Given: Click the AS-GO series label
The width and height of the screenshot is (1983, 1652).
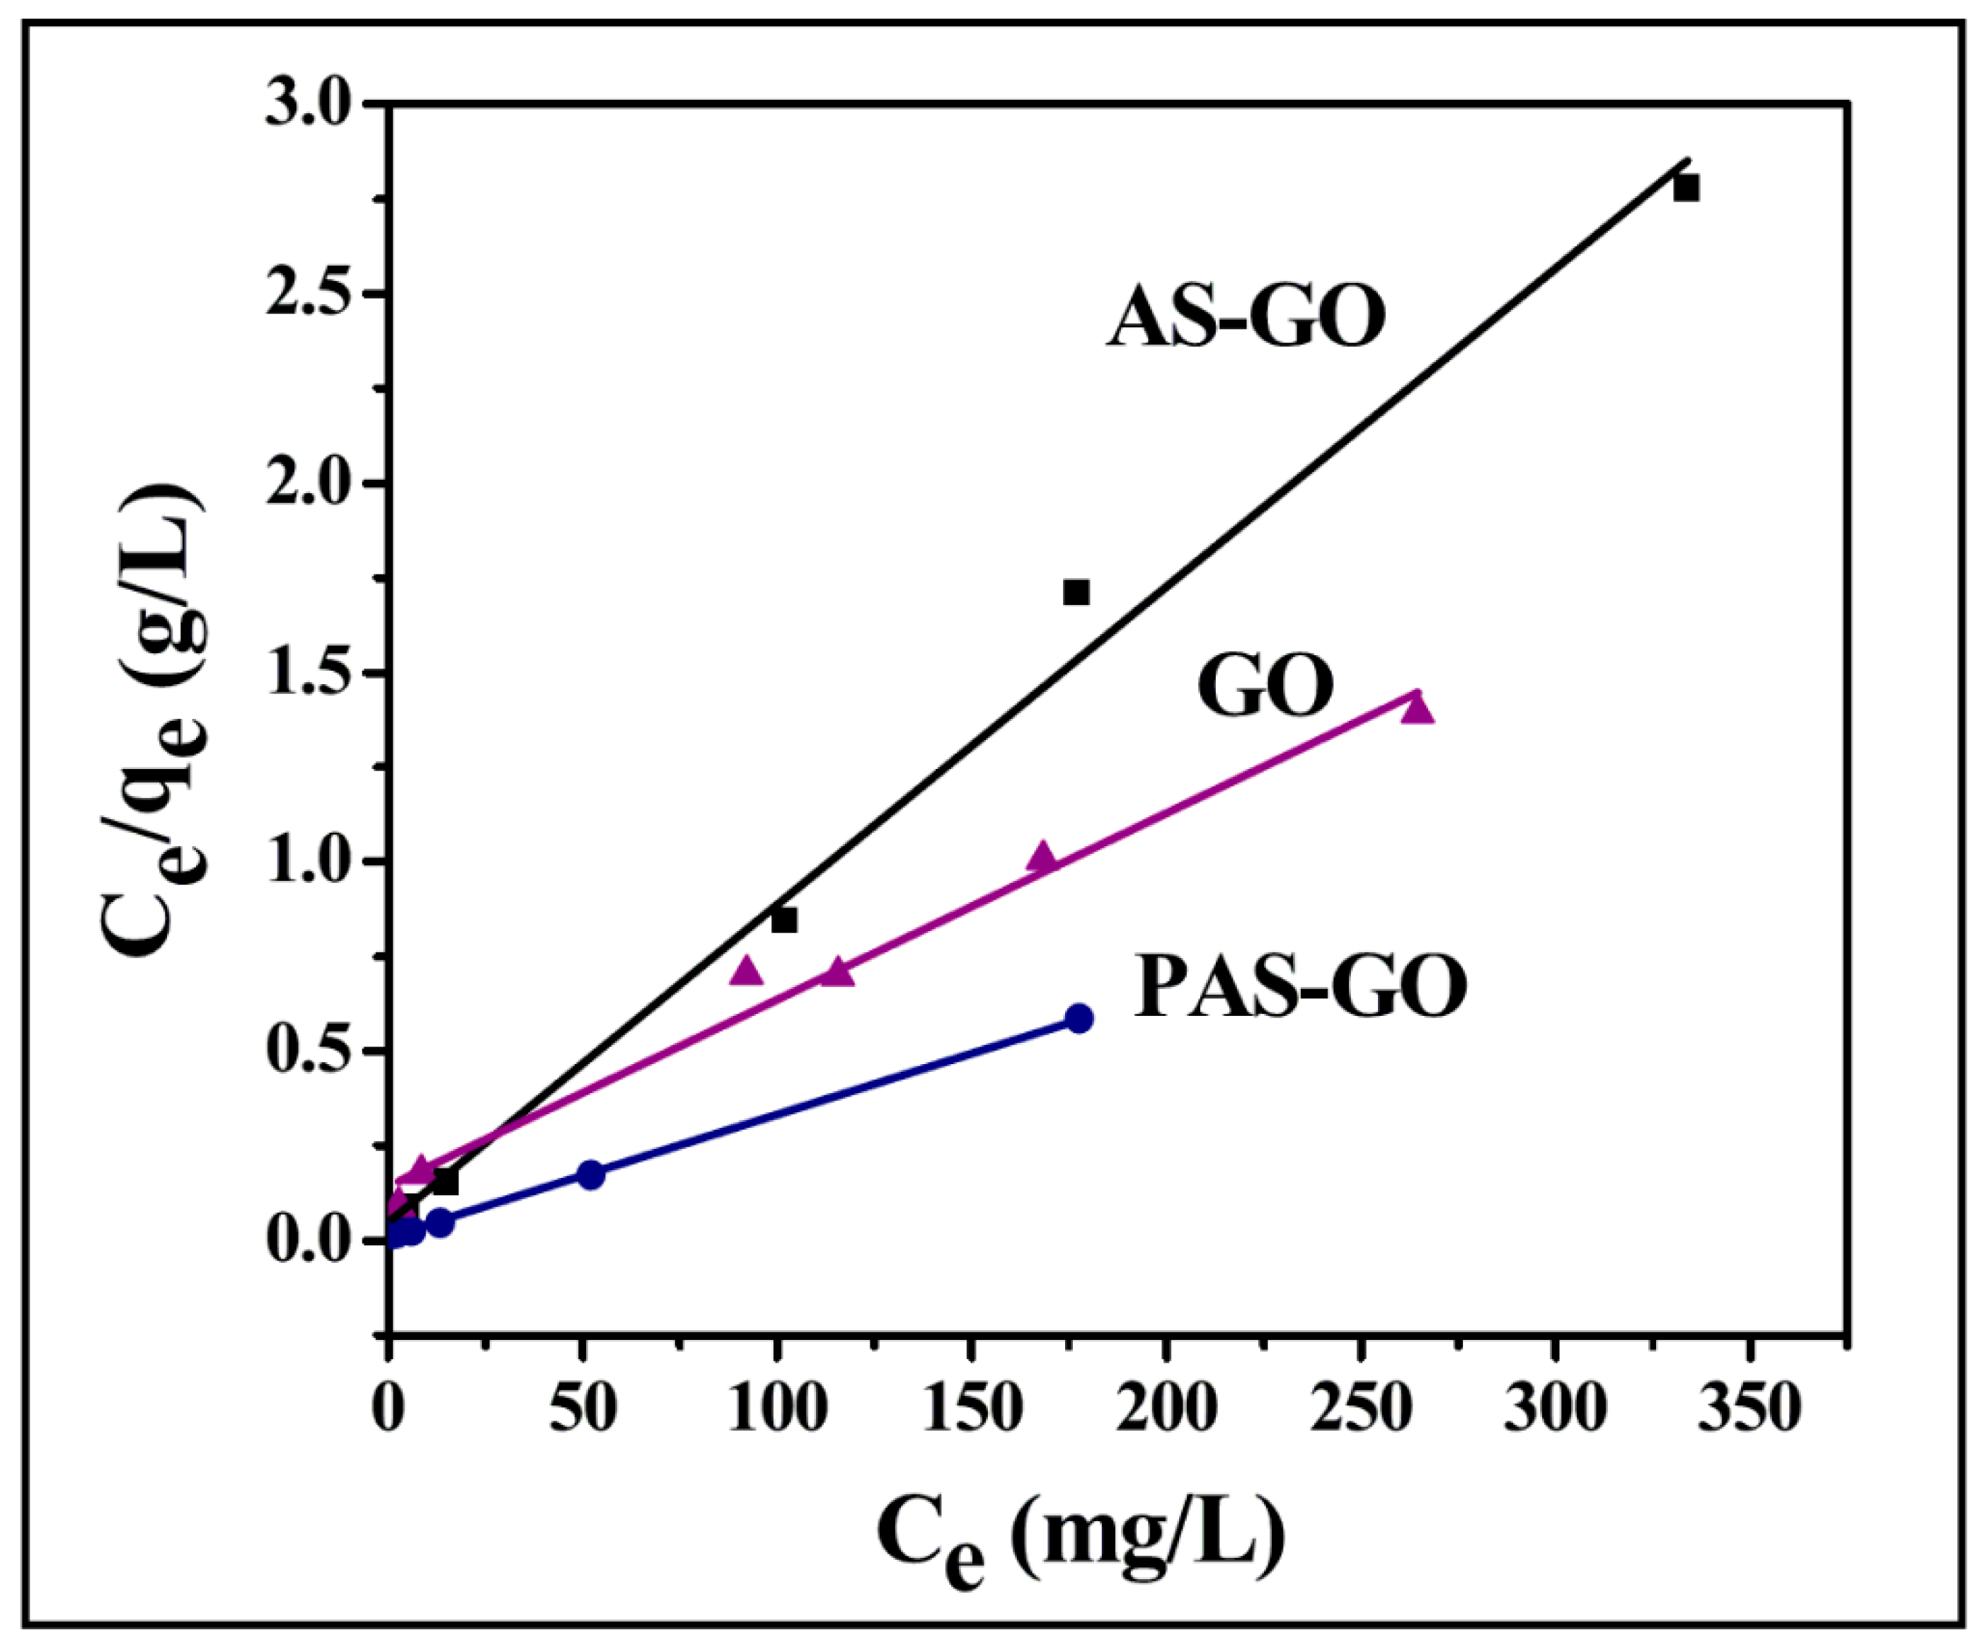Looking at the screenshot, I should (x=1246, y=318).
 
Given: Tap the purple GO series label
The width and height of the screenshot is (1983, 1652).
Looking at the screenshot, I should (x=1265, y=687).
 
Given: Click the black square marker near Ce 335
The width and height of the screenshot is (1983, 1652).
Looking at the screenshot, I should (x=1686, y=188).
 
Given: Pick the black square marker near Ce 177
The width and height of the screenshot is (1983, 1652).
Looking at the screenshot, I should (x=1076, y=592).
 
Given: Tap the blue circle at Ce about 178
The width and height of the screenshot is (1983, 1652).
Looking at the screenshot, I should (x=1079, y=1017).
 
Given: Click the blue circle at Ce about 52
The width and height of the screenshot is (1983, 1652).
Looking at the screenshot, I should (x=590, y=1175).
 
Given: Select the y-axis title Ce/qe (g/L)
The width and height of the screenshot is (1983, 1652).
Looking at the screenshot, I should (x=156, y=722).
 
